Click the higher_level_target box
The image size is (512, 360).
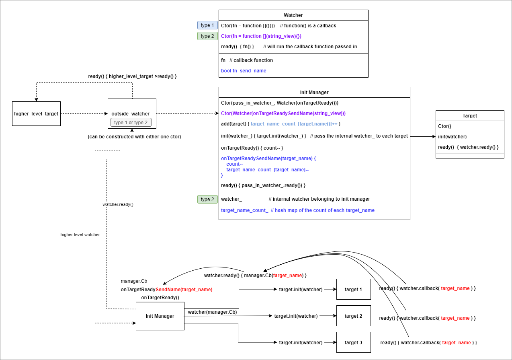[36, 114]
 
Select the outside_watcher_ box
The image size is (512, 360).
[132, 113]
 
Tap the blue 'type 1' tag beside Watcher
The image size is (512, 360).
[207, 25]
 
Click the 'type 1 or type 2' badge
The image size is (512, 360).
[131, 123]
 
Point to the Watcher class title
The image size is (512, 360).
[293, 15]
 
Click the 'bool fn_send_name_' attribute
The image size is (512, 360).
[245, 71]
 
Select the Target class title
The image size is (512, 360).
[470, 116]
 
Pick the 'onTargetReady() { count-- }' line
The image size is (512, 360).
[252, 148]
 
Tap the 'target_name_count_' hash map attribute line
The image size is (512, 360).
[297, 210]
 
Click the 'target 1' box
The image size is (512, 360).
[353, 290]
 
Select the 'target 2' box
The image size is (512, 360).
[353, 316]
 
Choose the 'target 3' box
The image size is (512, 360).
[353, 343]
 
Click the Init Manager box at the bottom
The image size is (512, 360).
[160, 316]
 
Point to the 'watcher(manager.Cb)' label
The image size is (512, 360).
[212, 312]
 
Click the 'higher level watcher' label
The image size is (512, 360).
[80, 235]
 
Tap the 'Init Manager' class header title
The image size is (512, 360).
[314, 93]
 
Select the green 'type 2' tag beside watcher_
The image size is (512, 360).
[207, 199]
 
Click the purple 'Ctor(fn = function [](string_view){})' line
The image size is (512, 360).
[261, 36]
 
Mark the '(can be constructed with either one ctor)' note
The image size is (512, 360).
[134, 137]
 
